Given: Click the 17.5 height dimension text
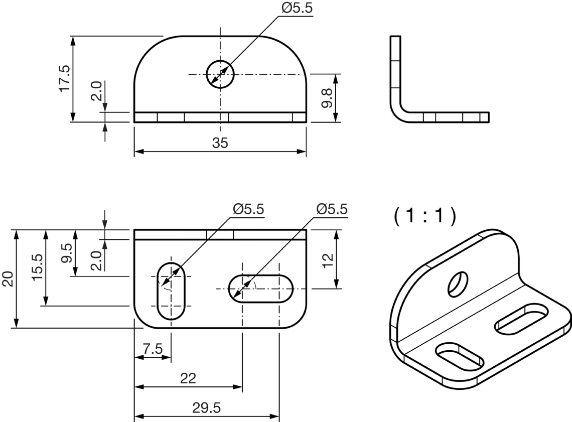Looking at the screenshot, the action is click(x=64, y=78).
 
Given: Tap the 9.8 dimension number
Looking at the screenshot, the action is click(x=327, y=98).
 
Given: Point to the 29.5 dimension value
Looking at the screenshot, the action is click(x=207, y=408).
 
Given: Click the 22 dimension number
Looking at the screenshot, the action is click(x=188, y=379).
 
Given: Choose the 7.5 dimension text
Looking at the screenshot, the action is click(x=153, y=349).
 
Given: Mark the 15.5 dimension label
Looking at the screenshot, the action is click(x=37, y=267).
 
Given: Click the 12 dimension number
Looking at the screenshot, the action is click(x=328, y=260).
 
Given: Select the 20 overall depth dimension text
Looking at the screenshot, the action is click(x=8, y=278).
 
